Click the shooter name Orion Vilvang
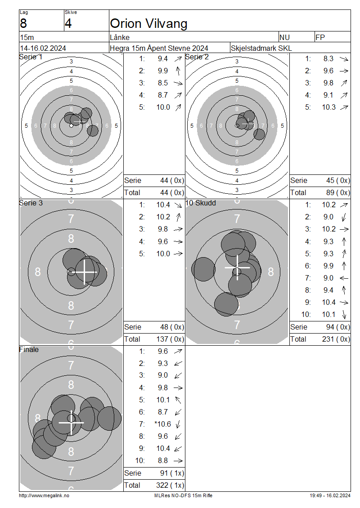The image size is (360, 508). coord(148,24)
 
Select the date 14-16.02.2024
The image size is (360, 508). coord(43,48)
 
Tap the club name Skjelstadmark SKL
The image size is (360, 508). coord(261,48)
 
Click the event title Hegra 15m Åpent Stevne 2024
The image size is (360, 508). coord(159,48)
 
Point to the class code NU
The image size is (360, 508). coord(284,38)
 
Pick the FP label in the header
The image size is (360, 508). coord(320,38)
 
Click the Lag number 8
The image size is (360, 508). coord(23,24)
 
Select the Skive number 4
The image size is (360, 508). coord(68,24)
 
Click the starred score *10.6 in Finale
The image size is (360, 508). coord(163,424)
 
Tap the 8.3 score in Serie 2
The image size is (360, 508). coord(328,58)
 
